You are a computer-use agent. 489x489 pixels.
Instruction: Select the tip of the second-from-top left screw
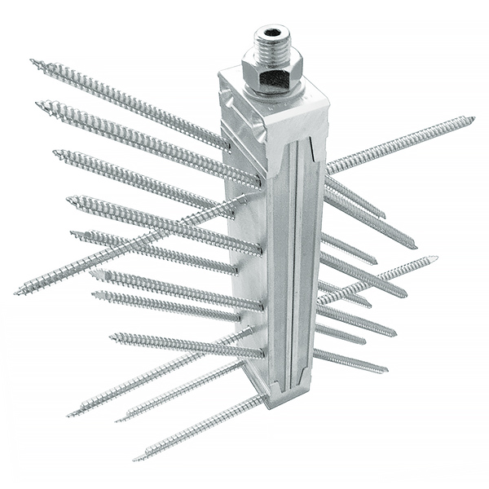[x=37, y=104]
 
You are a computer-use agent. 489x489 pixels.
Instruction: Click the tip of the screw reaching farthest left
[x=16, y=292]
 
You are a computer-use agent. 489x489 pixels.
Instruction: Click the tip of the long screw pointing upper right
[x=473, y=119]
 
